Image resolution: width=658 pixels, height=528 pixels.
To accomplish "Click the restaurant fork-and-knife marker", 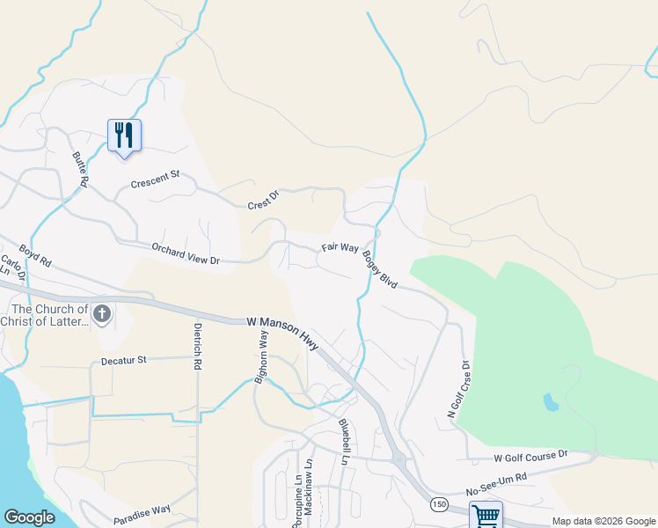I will (x=124, y=135).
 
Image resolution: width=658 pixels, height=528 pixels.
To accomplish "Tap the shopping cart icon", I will (x=485, y=515).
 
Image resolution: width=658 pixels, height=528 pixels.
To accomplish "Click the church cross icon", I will (x=103, y=313).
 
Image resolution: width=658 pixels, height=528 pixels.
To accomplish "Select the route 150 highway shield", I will (x=438, y=504).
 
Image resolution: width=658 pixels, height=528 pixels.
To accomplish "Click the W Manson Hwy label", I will (x=283, y=334).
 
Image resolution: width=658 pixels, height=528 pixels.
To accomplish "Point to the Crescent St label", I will (x=155, y=180).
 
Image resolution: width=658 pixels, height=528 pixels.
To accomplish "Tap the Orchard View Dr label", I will (x=186, y=254).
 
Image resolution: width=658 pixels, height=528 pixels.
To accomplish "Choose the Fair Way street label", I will (x=340, y=249).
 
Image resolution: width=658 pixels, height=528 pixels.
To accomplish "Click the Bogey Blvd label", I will (x=381, y=270).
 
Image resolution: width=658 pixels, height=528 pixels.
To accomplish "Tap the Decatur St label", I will (x=123, y=360).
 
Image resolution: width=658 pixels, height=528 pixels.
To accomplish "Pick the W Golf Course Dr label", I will (x=531, y=457).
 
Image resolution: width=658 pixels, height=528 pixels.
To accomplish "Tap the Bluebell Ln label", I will (x=344, y=441).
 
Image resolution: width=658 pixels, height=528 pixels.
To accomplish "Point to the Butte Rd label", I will (x=80, y=168).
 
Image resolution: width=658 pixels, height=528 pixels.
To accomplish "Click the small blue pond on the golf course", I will (x=551, y=403).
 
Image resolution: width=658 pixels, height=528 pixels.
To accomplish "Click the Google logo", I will (x=30, y=517).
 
